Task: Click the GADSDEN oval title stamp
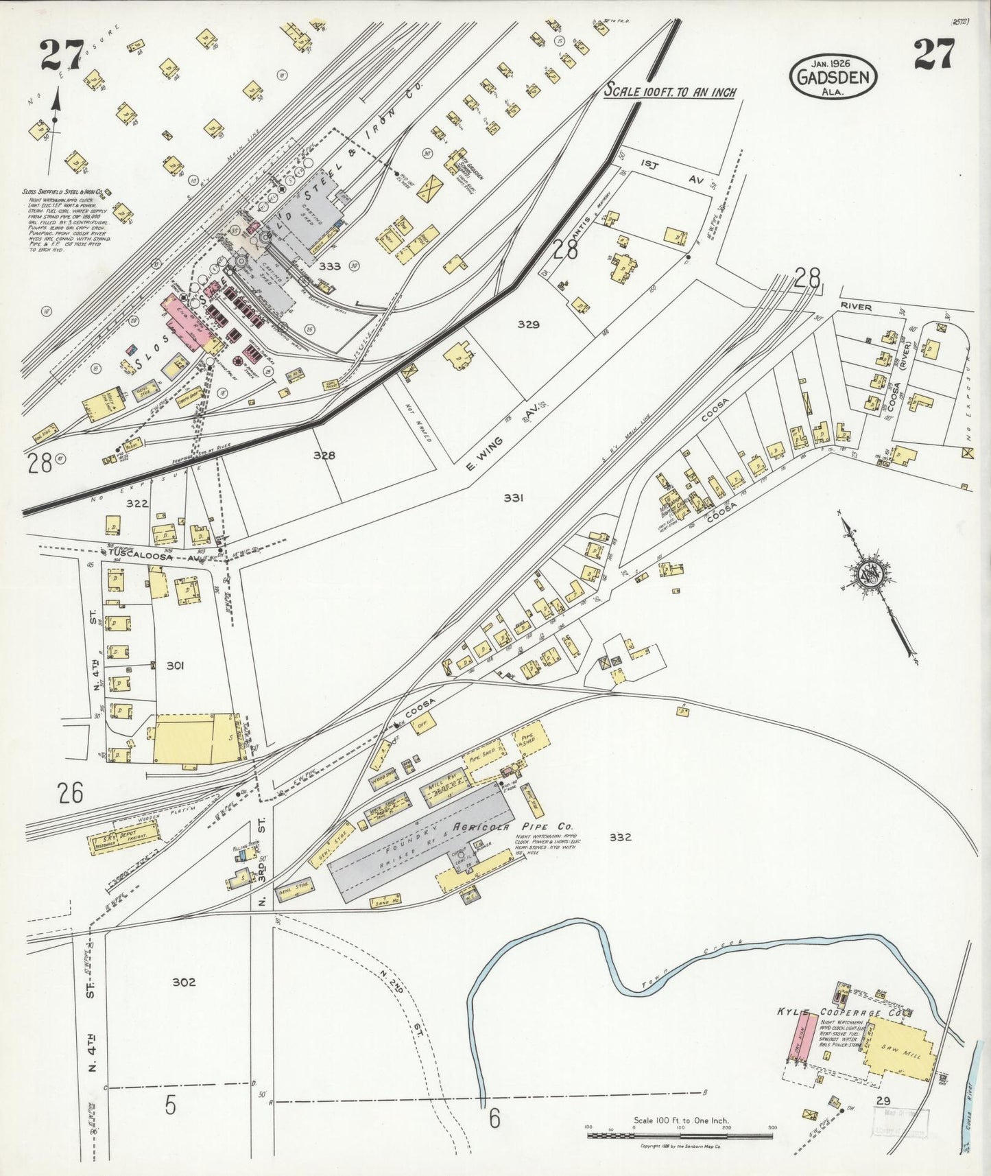(x=834, y=75)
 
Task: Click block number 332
(x=619, y=837)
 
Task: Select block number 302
(x=184, y=982)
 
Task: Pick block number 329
(x=529, y=325)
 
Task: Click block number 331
(x=513, y=498)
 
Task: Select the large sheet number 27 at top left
(x=61, y=55)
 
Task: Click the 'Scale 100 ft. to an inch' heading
(x=669, y=91)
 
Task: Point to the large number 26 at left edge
(x=71, y=793)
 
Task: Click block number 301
(x=175, y=665)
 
